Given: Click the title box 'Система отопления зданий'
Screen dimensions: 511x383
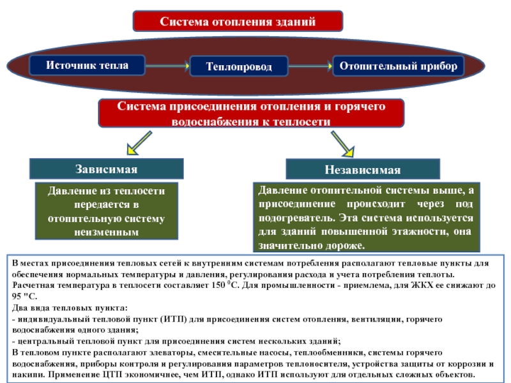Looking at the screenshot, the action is (238, 21).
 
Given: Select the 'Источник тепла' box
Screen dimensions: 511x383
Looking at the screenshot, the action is (87, 65).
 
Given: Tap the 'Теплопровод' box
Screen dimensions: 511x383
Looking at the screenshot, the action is (239, 66).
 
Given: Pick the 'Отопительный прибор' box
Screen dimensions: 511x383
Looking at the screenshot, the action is (398, 66).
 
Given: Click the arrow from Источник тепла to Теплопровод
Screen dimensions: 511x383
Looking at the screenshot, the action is (167, 66).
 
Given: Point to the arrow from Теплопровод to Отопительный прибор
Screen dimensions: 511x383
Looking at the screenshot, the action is (310, 66).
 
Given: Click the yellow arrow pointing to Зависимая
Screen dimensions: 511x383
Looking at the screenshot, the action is (139, 143).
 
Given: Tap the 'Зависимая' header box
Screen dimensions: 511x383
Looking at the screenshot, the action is (107, 169).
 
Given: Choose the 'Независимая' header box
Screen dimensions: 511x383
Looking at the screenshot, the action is (363, 169).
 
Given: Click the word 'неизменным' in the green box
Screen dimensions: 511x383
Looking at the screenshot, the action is (107, 232).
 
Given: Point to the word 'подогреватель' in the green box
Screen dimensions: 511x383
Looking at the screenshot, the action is (296, 218).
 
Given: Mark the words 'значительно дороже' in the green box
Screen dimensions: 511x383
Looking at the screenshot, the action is (311, 245).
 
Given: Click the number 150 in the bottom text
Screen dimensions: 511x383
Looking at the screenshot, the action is (218, 285).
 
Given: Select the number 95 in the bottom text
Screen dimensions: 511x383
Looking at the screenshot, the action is (17, 296).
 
